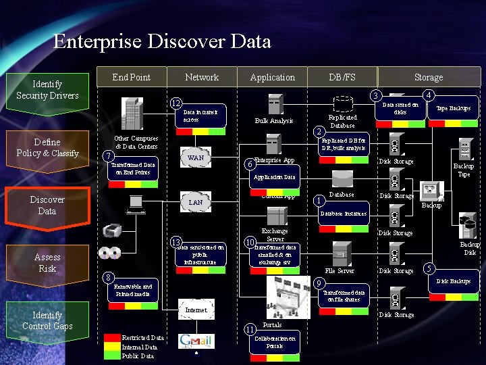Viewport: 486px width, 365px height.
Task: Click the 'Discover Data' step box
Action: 47,205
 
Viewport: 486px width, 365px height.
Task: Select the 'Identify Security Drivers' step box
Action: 47,90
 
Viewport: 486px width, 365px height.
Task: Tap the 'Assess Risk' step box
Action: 47,263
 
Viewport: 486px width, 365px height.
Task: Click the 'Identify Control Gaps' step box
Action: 47,321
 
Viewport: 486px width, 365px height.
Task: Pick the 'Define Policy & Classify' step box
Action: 47,148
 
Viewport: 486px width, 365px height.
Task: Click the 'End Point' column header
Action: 132,77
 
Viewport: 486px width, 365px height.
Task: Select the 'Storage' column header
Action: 429,78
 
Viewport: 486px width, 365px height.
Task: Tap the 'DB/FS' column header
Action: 342,77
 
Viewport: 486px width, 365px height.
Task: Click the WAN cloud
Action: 196,158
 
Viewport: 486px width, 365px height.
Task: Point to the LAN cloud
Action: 195,202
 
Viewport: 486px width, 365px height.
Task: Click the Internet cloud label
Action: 196,310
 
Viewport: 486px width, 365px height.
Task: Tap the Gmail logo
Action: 196,341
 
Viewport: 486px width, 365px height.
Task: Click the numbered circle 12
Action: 175,103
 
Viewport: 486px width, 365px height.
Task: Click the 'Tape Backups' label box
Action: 453,108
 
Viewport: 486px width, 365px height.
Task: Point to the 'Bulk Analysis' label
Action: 274,121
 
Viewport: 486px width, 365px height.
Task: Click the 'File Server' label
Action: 340,271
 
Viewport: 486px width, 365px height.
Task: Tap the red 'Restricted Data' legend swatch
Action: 112,337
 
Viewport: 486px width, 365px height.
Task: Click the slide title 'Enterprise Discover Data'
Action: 162,42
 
